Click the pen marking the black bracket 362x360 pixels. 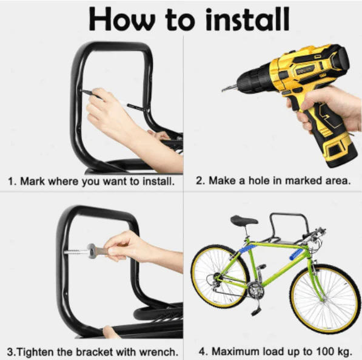109,98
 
